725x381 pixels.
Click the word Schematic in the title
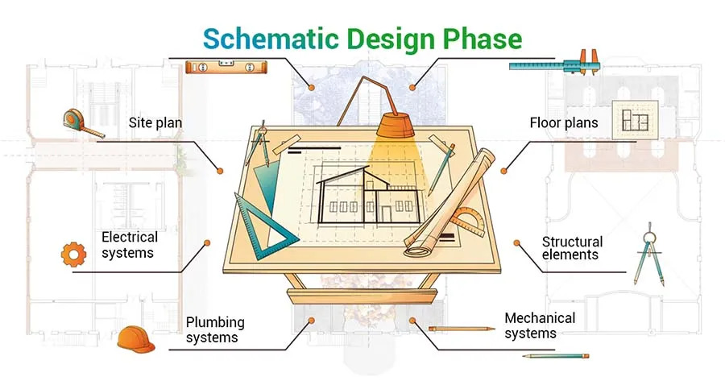[271, 39]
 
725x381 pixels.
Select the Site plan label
[155, 123]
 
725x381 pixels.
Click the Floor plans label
[564, 123]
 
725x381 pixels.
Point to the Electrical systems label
[130, 245]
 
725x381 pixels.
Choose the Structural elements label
[572, 248]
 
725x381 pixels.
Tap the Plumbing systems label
[215, 329]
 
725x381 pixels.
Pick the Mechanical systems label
[540, 325]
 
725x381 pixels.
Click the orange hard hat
[135, 339]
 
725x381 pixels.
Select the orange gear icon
[73, 255]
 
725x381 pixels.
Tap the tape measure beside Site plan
[81, 123]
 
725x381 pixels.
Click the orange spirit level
[226, 68]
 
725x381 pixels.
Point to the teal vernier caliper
[554, 64]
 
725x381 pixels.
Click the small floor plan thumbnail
[635, 120]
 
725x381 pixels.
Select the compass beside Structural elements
[649, 255]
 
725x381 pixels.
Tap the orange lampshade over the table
[395, 125]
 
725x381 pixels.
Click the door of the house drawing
[386, 214]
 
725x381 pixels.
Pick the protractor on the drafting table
[467, 222]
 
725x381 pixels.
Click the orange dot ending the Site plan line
[220, 171]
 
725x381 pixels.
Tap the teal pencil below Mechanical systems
[556, 356]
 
